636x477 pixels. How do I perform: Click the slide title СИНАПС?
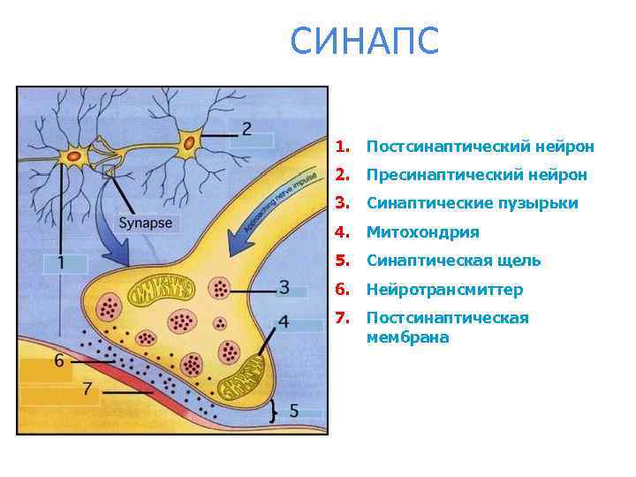coord(364,42)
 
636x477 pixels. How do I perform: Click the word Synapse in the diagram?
coord(146,223)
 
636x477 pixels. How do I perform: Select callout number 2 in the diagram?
coord(246,128)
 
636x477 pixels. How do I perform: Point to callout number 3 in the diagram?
coord(284,287)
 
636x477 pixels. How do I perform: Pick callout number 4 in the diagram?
coord(283,321)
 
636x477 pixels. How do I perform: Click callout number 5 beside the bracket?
coord(293,411)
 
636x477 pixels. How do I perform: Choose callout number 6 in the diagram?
coord(59,360)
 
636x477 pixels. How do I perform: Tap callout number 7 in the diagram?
coord(87,388)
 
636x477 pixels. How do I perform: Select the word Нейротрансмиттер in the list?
coord(444,290)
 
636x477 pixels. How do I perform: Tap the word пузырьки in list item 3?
coord(541,203)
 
